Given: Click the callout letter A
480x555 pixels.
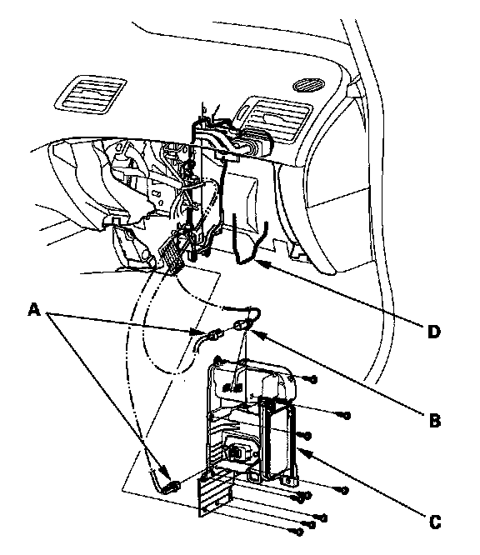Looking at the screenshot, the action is point(33,310).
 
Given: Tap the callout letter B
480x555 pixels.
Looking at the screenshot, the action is point(435,421).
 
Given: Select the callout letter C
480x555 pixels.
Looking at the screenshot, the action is point(435,522).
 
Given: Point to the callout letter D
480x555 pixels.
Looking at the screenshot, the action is point(434,332).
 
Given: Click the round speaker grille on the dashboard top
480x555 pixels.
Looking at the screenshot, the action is point(308,85).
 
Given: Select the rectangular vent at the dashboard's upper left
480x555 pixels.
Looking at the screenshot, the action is point(90,94).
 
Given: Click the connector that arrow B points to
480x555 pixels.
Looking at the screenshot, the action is point(241,324).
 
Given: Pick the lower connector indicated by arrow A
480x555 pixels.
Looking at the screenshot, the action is point(172,487).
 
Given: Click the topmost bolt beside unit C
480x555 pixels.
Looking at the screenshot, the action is point(312,379).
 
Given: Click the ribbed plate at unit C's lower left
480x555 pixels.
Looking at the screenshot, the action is point(215,492).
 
